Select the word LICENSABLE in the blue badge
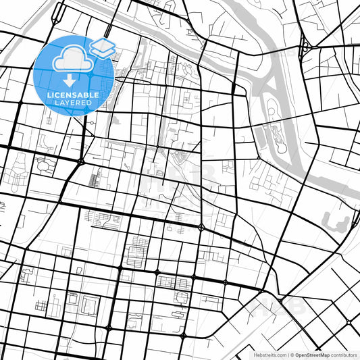pos(73,95)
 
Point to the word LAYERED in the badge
pos(73,103)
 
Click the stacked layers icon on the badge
pos(102,47)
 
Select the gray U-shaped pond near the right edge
pos(338,220)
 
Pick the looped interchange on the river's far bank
pos(305,47)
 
